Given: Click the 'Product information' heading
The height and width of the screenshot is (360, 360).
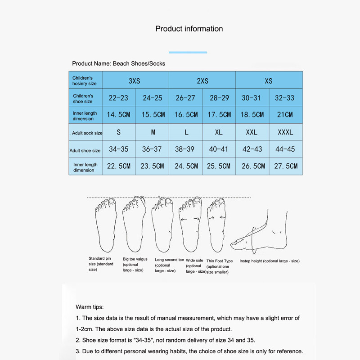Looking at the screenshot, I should pos(189,29).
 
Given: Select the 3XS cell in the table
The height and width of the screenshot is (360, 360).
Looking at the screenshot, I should pos(135,81).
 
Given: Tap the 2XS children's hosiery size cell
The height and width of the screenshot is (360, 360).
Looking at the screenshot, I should pos(202,81).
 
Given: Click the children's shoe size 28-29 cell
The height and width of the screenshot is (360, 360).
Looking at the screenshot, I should pos(219,98).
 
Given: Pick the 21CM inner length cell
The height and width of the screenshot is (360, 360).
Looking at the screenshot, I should pos(285,115).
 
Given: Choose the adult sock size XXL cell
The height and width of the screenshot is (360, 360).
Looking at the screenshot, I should pos(252,132).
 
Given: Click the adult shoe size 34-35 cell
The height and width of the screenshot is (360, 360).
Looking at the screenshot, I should pos(118,149).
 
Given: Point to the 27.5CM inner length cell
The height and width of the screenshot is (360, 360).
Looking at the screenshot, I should pos(285,166).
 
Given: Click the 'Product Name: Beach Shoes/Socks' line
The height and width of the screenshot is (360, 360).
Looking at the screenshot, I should pos(118,63).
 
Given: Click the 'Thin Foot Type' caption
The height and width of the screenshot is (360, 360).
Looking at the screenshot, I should pos(219,261).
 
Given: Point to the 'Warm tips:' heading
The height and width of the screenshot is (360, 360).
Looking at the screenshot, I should pos(90,307).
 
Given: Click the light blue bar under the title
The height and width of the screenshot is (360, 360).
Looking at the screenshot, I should pos(188,53).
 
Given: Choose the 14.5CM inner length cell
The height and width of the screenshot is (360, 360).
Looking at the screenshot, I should pos(118,115).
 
